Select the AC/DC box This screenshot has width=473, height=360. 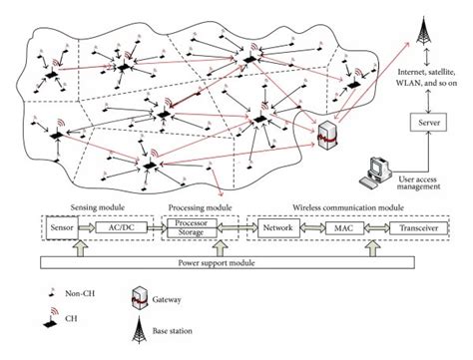pos(120,228)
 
